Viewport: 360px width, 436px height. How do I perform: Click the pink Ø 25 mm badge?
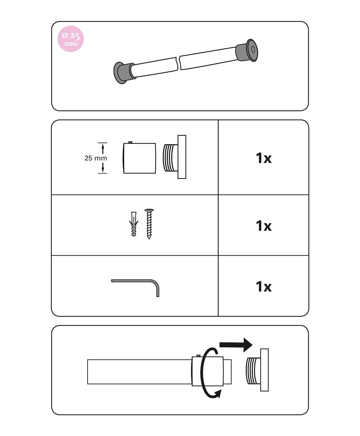(x=71, y=39)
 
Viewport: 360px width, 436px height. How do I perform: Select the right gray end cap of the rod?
(x=247, y=50)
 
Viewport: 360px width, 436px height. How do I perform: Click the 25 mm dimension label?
(x=96, y=158)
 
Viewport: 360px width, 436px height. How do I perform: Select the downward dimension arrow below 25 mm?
(x=103, y=168)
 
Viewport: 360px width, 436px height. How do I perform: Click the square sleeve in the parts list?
(x=139, y=158)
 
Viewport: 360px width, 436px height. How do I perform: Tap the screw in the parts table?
(x=149, y=224)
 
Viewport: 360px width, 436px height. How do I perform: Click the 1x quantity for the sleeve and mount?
(x=264, y=158)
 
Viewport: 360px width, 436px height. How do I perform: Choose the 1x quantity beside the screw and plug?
(x=264, y=226)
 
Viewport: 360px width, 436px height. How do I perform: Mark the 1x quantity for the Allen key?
(x=264, y=286)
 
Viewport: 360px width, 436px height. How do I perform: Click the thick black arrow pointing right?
(x=236, y=345)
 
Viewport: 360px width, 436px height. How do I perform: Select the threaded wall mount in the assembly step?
(x=257, y=370)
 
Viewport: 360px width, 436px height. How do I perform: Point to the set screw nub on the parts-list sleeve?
(x=130, y=142)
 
